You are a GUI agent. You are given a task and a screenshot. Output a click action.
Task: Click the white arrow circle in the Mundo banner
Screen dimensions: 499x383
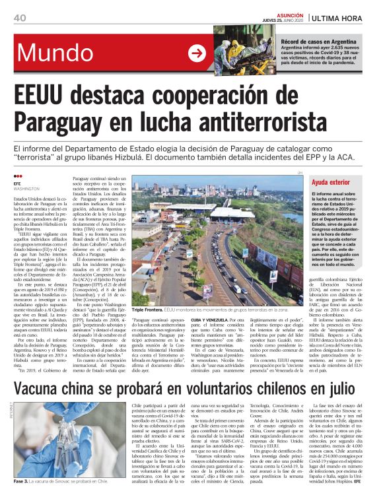pyautogui.click(x=197, y=53)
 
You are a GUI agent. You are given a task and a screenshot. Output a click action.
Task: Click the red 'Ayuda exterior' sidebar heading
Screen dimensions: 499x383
pyautogui.click(x=331, y=180)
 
